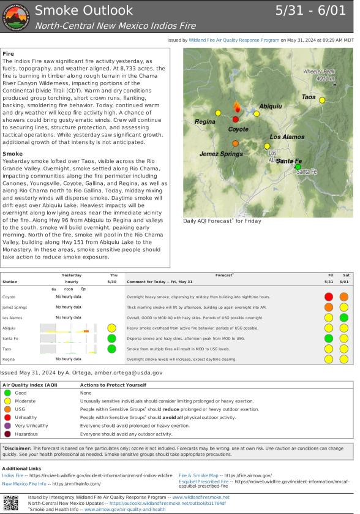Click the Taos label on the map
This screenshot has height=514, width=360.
tap(309, 97)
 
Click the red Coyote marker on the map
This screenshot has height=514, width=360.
tap(236, 119)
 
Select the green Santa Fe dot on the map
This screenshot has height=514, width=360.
tap(298, 166)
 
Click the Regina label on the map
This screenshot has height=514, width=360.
tap(205, 121)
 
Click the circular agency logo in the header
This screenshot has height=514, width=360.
tap(16, 17)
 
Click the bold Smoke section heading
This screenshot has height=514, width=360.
tap(13, 153)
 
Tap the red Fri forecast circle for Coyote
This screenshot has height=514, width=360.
tap(329, 297)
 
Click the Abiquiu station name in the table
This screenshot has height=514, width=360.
tap(9, 328)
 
